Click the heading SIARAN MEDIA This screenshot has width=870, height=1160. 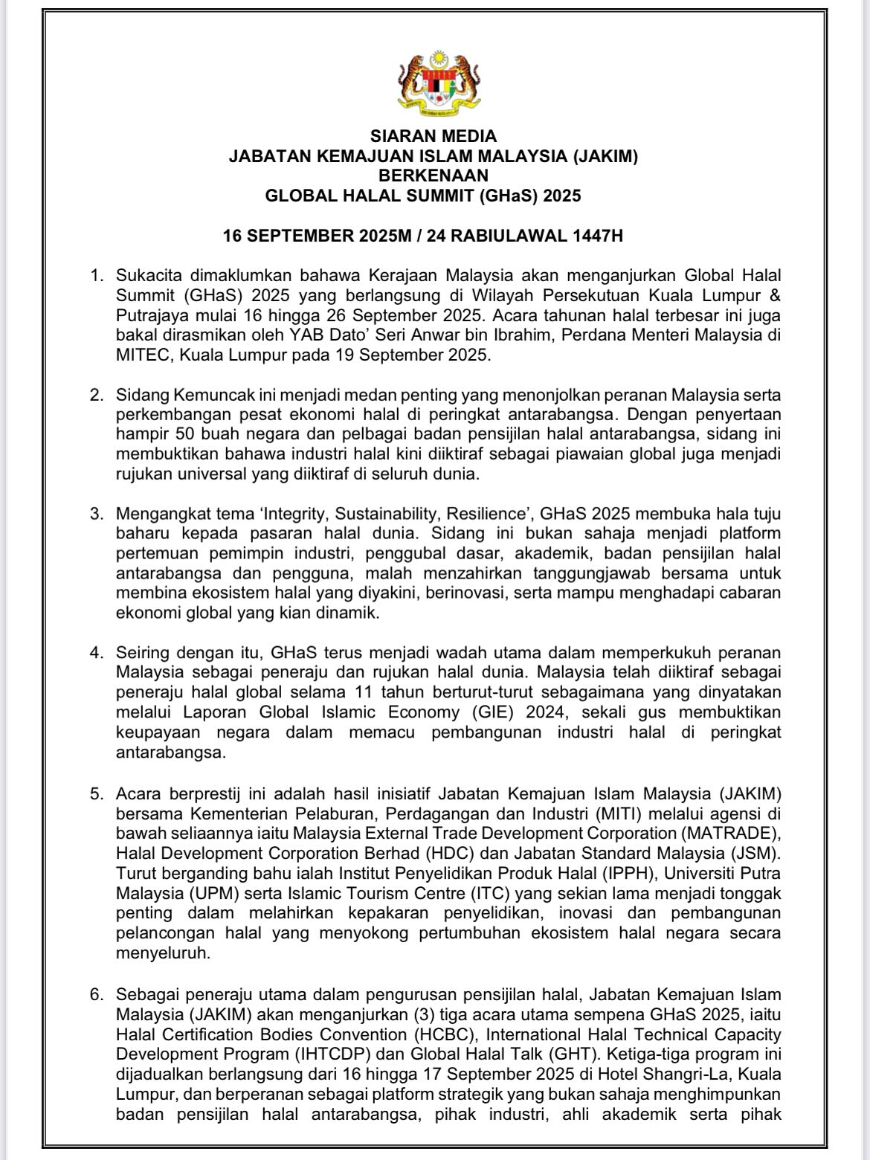coord(434,136)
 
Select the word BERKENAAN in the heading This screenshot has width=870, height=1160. coord(434,176)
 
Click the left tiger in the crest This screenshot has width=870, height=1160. coord(412,79)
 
